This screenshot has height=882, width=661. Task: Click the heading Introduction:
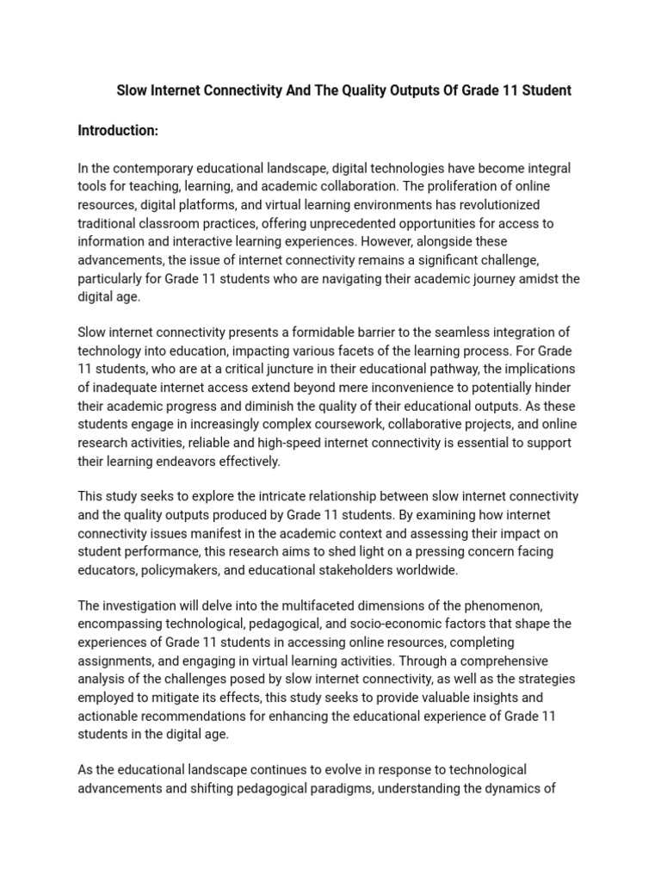[x=118, y=130]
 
